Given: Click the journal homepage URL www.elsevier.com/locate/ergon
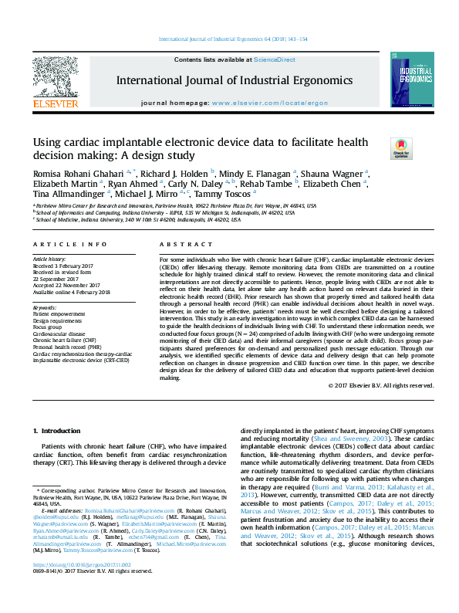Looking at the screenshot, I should click(269, 103).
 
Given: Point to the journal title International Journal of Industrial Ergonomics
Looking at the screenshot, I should click(235, 80).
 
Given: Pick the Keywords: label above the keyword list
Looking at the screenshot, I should click(45, 307).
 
